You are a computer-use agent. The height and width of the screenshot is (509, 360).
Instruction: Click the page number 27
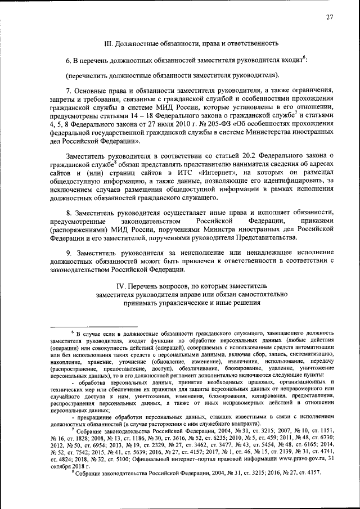pyautogui.click(x=330, y=17)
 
